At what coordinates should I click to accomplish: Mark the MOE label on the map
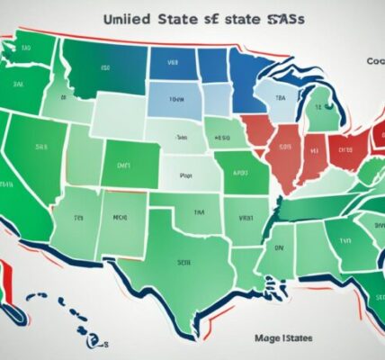click(119, 216)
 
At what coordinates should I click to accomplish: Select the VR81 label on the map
click(246, 216)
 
